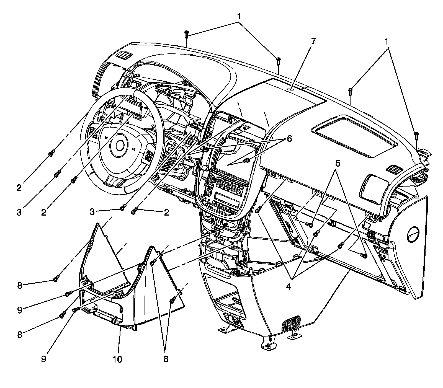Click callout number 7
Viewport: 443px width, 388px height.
[x=313, y=42]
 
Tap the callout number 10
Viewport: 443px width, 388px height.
[x=117, y=359]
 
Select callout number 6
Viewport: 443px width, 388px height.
[x=289, y=139]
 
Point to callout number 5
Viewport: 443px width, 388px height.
[x=338, y=164]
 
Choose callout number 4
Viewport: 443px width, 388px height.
[x=288, y=287]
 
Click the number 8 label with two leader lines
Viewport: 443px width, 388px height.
[x=165, y=359]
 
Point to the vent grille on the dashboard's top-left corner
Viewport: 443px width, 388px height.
[x=123, y=56]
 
